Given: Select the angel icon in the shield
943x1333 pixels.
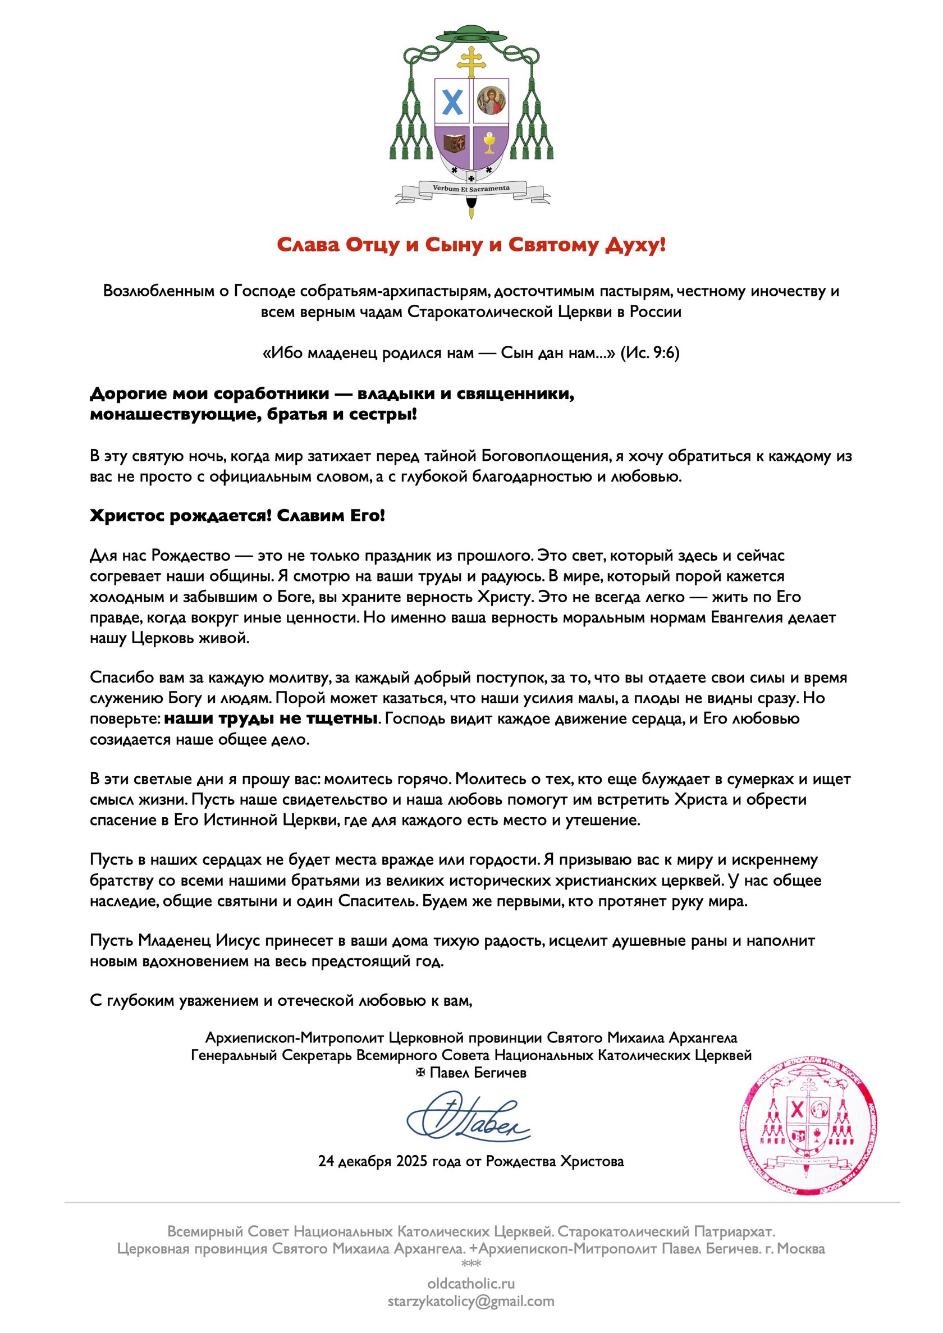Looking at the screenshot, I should (x=490, y=101).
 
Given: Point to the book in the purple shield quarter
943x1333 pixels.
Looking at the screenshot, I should (x=454, y=143).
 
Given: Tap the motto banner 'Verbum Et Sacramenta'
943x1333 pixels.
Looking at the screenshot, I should (x=471, y=188).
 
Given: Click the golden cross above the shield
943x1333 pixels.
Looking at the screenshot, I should (x=471, y=61).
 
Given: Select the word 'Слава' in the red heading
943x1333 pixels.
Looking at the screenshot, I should (x=308, y=245).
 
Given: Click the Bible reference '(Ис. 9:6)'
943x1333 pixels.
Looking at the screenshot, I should (x=650, y=353).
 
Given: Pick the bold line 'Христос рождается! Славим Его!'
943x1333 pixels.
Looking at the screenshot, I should (x=237, y=516).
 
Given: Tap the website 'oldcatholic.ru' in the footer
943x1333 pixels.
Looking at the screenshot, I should (x=471, y=1284).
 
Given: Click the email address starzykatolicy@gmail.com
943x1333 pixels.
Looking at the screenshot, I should (x=471, y=1301).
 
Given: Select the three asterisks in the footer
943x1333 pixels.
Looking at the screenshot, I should (x=471, y=1265).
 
